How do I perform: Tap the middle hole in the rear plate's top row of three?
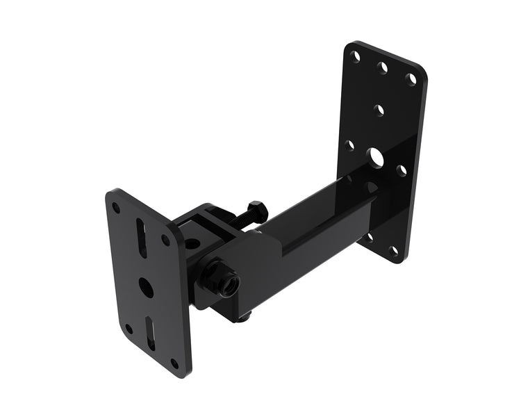coord(382,68)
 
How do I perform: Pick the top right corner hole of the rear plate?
coord(411,79)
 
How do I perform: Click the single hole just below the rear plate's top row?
coord(379,110)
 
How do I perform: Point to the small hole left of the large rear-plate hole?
coord(350,145)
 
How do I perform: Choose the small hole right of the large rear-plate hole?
coord(402,170)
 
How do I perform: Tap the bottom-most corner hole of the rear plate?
coord(395,251)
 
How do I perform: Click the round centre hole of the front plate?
coord(146,287)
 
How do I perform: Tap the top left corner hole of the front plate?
coord(116,206)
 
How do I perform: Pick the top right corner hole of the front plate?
coord(165,240)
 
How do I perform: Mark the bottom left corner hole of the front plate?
coord(129,329)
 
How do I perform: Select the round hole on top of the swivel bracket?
coord(192,243)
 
